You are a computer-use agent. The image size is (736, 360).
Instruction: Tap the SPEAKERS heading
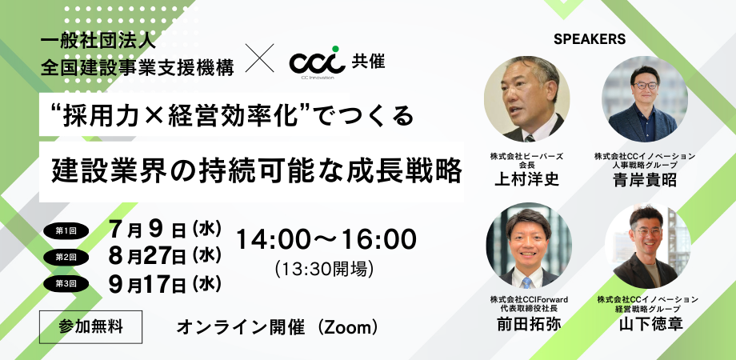(x=590, y=39)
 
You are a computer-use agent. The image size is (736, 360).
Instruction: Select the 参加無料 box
(x=91, y=326)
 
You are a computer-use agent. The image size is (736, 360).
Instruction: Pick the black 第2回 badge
(x=66, y=257)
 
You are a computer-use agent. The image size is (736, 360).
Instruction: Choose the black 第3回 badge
(x=66, y=283)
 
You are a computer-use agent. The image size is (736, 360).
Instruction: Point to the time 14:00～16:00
(x=326, y=239)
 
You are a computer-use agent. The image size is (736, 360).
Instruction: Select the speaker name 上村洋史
(x=526, y=180)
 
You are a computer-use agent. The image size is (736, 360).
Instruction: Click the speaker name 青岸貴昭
(x=645, y=180)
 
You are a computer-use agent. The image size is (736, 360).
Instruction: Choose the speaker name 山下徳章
(x=650, y=324)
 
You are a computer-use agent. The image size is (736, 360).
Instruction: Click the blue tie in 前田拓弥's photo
(x=526, y=282)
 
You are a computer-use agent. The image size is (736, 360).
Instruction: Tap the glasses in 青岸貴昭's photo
(x=646, y=86)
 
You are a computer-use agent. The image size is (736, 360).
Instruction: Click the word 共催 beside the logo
(x=369, y=62)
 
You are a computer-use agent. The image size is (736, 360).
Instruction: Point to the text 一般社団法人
(x=98, y=42)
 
